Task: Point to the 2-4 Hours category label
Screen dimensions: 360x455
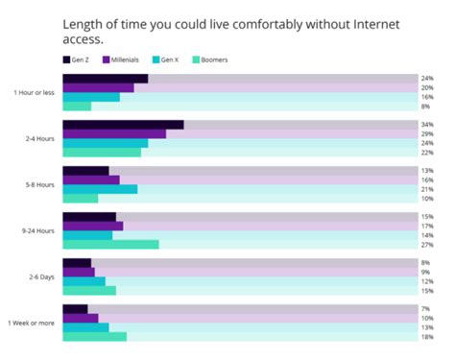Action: pos(40,139)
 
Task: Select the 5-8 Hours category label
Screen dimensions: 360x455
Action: pos(40,185)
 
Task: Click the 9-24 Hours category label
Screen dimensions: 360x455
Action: pos(38,231)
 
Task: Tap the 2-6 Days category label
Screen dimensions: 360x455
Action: pos(41,277)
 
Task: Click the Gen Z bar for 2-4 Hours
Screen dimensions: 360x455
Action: pos(123,125)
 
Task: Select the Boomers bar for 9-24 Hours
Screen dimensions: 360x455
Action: pos(110,245)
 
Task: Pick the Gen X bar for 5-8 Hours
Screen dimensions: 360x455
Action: pos(100,189)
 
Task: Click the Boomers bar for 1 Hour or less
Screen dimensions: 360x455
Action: pos(77,107)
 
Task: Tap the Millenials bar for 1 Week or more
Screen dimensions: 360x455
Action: pos(81,318)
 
